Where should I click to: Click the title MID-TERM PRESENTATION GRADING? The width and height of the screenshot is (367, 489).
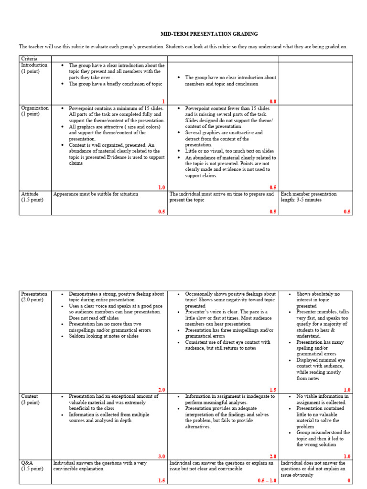point(209,34)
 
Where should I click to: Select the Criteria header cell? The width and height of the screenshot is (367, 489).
point(29,58)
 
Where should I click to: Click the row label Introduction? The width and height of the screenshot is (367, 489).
point(34,65)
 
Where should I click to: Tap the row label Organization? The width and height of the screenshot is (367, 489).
point(34,108)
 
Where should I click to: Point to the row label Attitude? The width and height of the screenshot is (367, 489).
point(30,194)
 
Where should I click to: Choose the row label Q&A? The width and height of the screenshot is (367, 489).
point(27,463)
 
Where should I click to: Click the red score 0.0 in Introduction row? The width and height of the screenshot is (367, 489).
point(273,101)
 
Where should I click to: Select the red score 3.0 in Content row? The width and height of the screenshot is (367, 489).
point(161,457)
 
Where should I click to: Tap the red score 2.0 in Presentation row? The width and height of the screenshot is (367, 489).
point(161,390)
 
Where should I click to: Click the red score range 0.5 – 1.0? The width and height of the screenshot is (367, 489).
point(267,480)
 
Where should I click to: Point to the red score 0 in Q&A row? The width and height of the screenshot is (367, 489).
point(349,480)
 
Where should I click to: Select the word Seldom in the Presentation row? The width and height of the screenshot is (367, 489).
point(77,336)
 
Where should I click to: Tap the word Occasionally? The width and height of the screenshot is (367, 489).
point(201,294)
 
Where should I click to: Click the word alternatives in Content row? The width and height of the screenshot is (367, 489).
point(197,426)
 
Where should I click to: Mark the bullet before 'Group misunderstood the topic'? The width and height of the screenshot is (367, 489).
point(291,433)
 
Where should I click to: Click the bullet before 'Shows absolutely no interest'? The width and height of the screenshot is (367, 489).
point(291,294)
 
